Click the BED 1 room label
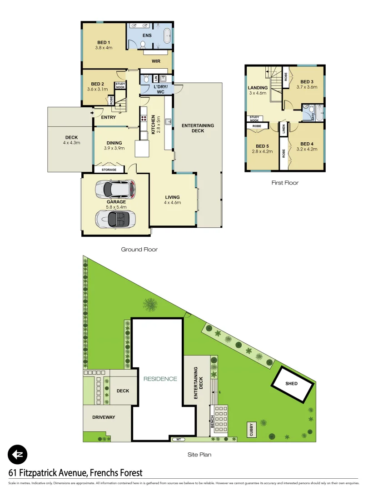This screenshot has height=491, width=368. pyautogui.click(x=104, y=43)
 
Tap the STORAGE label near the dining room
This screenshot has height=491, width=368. pyautogui.click(x=109, y=170)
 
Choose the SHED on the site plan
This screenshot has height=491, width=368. pyautogui.click(x=291, y=384)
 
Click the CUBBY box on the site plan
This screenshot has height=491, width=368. pyautogui.click(x=252, y=430)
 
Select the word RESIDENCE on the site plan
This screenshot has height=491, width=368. pyautogui.click(x=160, y=379)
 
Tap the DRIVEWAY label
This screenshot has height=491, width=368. pyautogui.click(x=104, y=417)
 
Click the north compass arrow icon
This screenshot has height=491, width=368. pyautogui.click(x=18, y=454)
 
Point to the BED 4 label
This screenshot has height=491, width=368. pyautogui.click(x=307, y=144)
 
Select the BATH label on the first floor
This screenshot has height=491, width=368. pyautogui.click(x=313, y=116)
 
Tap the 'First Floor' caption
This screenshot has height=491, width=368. pyautogui.click(x=285, y=183)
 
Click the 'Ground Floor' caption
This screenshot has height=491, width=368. pyautogui.click(x=139, y=250)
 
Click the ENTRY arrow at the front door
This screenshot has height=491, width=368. pyautogui.click(x=92, y=113)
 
